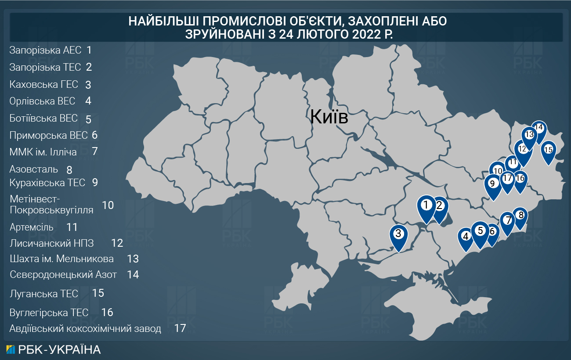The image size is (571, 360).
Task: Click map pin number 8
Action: [x=520, y=216]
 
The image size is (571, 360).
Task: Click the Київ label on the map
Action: [x=329, y=117]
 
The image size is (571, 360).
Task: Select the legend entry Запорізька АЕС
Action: [x=45, y=50]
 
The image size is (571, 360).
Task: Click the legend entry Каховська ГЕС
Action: [x=43, y=84]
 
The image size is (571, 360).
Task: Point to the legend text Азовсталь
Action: [x=33, y=169]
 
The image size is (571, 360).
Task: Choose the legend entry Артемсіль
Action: [x=31, y=227]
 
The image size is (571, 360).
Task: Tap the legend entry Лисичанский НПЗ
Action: [x=52, y=243]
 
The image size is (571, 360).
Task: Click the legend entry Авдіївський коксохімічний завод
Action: [x=85, y=328]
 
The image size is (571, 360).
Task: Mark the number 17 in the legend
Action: [x=180, y=328]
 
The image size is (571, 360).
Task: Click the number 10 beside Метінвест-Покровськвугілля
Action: [x=108, y=205]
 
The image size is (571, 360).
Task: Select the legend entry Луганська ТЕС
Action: [x=43, y=293]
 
